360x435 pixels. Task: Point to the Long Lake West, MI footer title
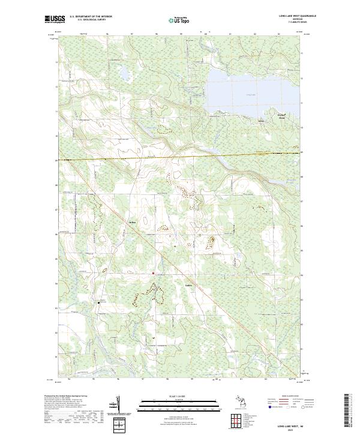(296, 424)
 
